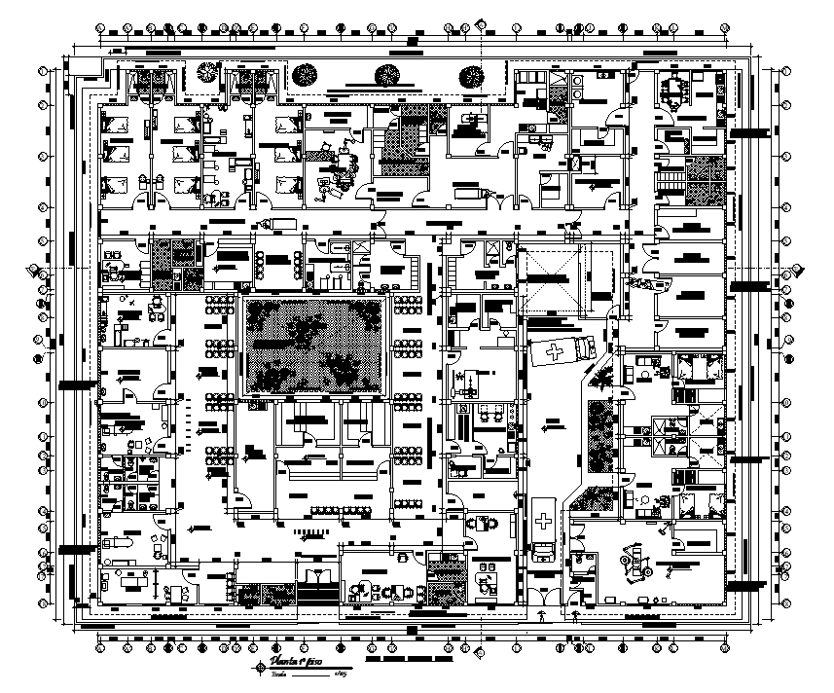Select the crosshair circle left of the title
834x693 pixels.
[x=260, y=667]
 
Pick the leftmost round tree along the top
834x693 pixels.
[x=206, y=74]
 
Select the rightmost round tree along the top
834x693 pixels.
[x=472, y=74]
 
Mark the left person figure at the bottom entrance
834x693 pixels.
[x=541, y=615]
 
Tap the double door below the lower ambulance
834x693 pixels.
[x=541, y=584]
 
